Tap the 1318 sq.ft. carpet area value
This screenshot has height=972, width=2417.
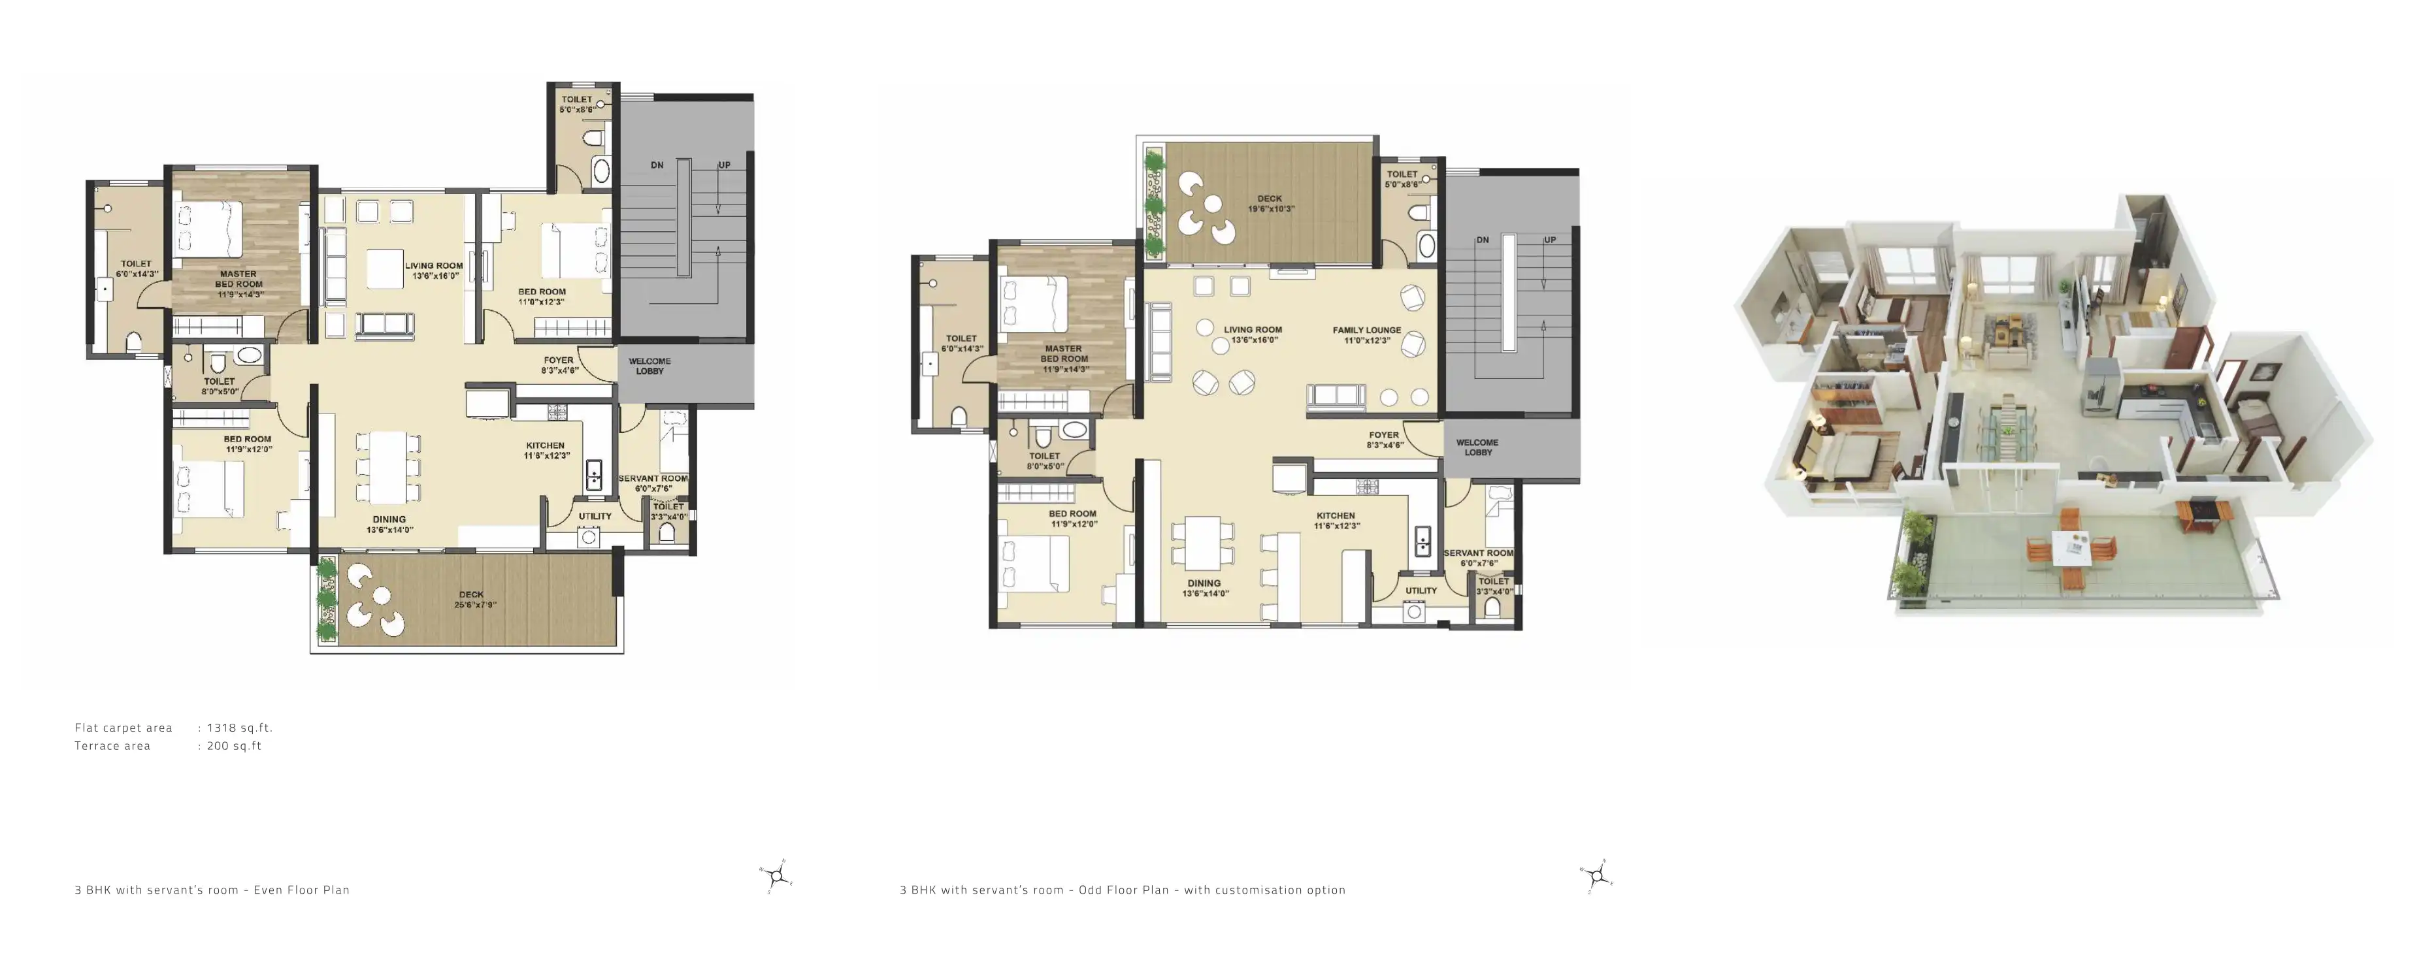click(239, 727)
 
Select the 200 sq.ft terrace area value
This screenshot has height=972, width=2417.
click(234, 746)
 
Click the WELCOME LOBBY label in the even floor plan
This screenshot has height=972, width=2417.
click(649, 366)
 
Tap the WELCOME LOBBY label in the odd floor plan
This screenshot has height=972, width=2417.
click(1477, 447)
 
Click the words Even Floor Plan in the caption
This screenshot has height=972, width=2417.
click(301, 890)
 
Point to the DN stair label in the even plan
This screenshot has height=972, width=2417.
click(657, 165)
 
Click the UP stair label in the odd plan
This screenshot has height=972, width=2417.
click(1549, 240)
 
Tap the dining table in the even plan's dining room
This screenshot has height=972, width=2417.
click(388, 467)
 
